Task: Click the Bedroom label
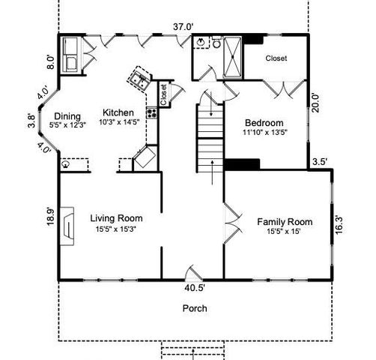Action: tap(264, 123)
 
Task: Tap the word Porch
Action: tap(194, 308)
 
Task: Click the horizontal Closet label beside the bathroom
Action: tap(276, 58)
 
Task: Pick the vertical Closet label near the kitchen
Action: tap(163, 94)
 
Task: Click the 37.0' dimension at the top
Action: tap(184, 27)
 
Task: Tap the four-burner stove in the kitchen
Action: tap(152, 114)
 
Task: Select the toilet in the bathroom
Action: tap(216, 44)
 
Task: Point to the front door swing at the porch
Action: tap(192, 271)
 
